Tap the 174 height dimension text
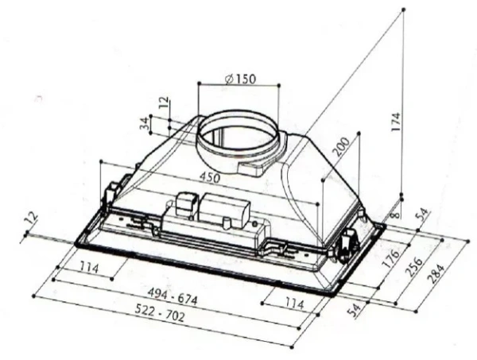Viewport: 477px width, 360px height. click(x=395, y=122)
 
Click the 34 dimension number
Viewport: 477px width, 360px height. click(x=144, y=123)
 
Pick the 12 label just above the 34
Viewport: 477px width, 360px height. click(x=163, y=103)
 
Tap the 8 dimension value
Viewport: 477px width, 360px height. click(x=395, y=215)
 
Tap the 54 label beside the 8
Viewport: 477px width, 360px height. click(x=421, y=216)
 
